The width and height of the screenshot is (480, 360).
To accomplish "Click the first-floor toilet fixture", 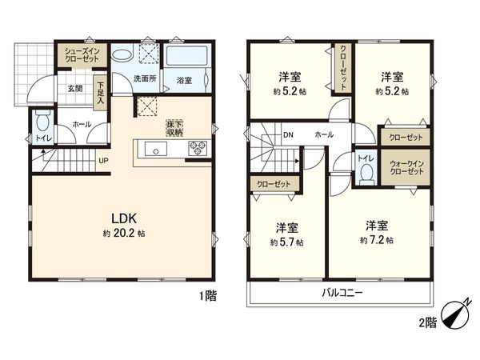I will [42, 124].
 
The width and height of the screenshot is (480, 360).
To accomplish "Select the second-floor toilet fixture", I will [366, 170].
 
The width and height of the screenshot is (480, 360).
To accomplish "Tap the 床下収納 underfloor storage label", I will [174, 127].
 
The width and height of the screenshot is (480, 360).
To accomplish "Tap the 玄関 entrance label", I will [74, 88].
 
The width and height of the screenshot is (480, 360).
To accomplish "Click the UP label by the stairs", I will [103, 160].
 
